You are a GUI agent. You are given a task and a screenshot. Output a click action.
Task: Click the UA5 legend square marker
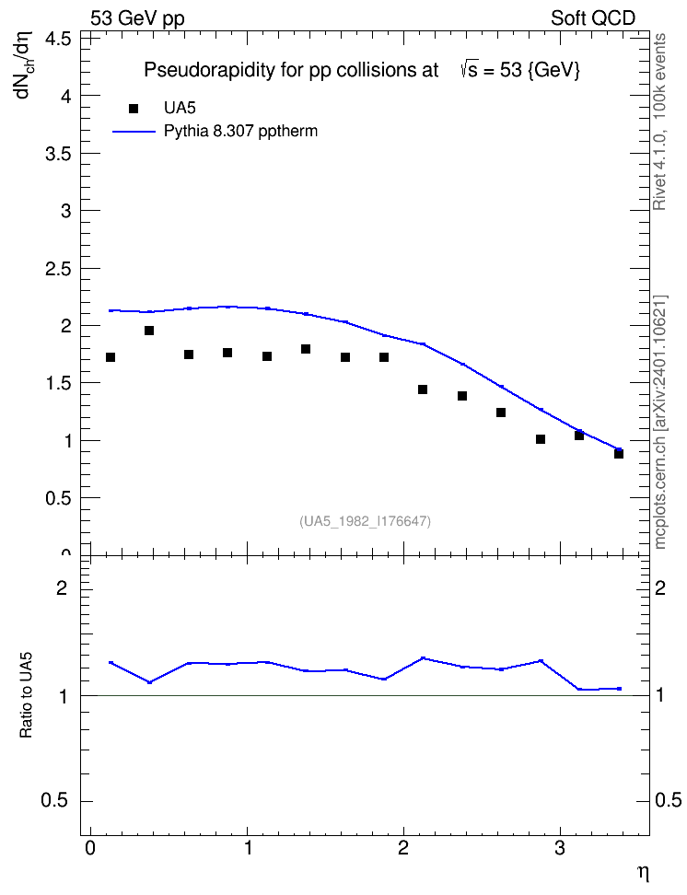[134, 109]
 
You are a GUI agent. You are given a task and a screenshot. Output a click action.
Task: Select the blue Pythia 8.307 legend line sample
[134, 132]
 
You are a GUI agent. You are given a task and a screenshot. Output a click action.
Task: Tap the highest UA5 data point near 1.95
[149, 331]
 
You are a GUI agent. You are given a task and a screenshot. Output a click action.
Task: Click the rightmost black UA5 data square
[619, 454]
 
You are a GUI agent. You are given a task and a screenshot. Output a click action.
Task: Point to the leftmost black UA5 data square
[111, 357]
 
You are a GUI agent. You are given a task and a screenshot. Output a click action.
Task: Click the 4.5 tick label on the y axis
[58, 39]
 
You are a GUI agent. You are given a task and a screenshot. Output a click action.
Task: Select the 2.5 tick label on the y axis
[58, 268]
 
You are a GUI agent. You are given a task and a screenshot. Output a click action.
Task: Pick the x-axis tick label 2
[403, 848]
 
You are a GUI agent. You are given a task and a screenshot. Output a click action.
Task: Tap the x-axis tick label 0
[90, 848]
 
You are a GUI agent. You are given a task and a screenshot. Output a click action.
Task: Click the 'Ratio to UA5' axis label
[26, 694]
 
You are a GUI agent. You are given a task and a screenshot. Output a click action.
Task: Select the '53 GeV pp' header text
[137, 18]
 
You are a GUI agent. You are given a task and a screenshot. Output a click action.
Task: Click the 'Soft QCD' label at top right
[593, 18]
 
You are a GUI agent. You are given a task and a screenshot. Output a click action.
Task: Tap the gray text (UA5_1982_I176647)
[365, 521]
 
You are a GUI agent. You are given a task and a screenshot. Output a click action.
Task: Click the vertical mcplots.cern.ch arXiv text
[660, 423]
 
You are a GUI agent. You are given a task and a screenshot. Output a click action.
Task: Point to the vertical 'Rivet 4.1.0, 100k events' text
[659, 122]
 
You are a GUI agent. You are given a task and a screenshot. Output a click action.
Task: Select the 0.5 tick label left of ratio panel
[54, 801]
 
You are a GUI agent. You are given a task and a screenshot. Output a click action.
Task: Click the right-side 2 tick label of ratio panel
[660, 587]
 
